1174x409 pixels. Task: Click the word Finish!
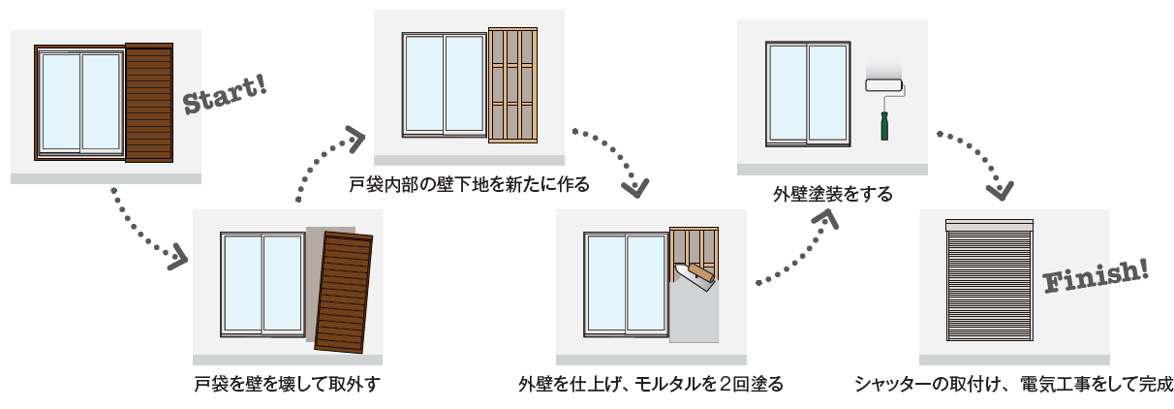(x=1096, y=276)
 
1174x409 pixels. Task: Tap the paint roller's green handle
(x=883, y=125)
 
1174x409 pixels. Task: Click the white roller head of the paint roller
(x=882, y=84)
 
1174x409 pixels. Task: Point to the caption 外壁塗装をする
(x=832, y=194)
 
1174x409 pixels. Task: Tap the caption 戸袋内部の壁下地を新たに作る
(x=469, y=183)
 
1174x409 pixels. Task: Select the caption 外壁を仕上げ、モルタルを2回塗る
(x=651, y=385)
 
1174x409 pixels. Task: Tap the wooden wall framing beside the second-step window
(x=511, y=86)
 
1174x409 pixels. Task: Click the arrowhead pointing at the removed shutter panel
(x=177, y=258)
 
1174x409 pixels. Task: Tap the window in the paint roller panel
(x=808, y=93)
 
